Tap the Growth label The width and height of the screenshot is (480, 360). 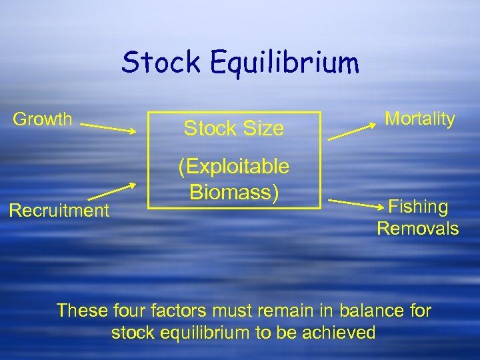[43, 119]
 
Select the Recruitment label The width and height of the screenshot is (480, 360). [59, 211]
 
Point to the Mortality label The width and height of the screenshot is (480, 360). [420, 119]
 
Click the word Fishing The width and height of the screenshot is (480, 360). [418, 207]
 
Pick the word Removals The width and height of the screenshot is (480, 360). [418, 229]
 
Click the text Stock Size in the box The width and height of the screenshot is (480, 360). [233, 128]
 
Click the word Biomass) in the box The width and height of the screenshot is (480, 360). [233, 191]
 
